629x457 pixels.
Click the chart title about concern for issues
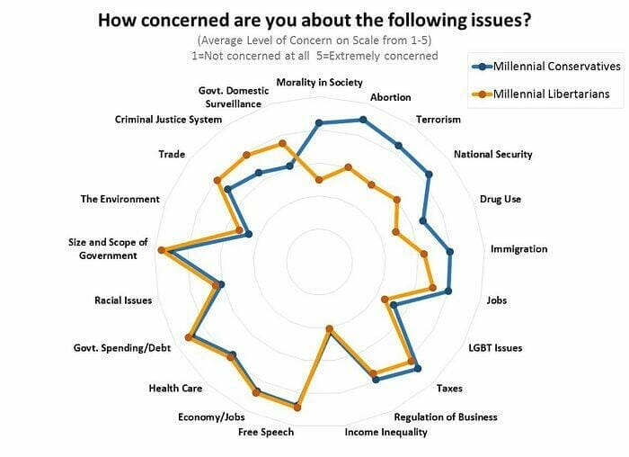(x=314, y=20)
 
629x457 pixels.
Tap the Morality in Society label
(x=319, y=83)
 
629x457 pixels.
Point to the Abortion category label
(x=390, y=97)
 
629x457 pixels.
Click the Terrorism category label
(x=439, y=120)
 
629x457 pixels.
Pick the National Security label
(x=492, y=154)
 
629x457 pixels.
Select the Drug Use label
(x=501, y=199)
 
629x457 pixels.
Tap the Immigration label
(x=518, y=249)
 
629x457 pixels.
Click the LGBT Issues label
(x=495, y=347)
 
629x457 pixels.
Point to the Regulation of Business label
(x=446, y=417)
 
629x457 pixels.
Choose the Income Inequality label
(x=386, y=432)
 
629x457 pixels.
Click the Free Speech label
(x=266, y=432)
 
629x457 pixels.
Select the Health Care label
(x=175, y=389)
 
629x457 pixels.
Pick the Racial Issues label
(x=123, y=300)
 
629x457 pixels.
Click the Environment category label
(x=120, y=199)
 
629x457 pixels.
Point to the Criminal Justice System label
(x=168, y=120)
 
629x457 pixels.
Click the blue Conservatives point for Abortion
(x=363, y=120)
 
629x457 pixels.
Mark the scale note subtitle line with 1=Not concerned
(x=314, y=56)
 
